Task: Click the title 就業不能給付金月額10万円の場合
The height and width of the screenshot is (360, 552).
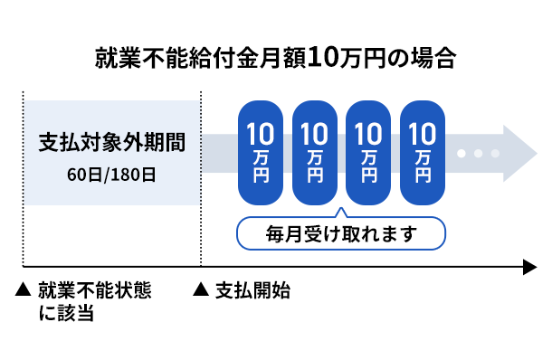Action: [275, 60]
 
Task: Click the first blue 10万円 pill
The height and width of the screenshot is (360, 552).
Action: [261, 151]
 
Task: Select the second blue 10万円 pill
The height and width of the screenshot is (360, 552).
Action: [315, 151]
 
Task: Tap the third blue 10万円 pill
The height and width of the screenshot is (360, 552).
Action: [368, 151]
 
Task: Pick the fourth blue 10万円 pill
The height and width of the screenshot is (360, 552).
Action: [423, 151]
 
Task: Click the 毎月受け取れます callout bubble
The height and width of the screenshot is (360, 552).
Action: [341, 234]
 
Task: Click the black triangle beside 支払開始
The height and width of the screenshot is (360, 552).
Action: [202, 291]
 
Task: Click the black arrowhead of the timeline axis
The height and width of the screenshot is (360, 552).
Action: [528, 267]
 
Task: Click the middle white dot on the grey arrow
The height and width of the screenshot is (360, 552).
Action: [479, 153]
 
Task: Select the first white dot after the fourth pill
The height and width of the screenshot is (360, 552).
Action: [463, 153]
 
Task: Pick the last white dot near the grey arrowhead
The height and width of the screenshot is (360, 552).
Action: [494, 153]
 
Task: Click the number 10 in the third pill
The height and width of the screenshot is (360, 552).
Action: [368, 135]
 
